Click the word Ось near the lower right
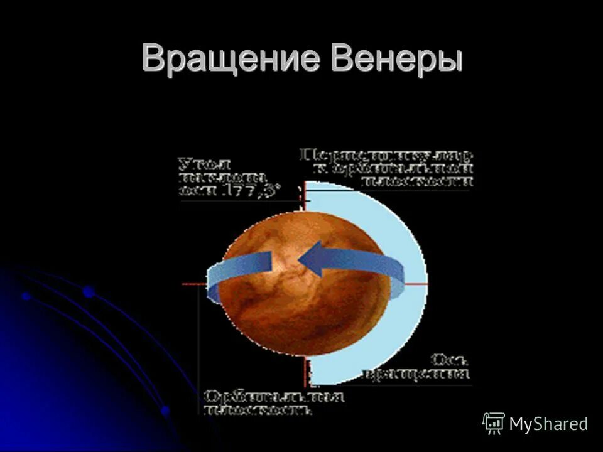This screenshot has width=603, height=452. [449, 360]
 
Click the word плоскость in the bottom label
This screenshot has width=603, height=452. [258, 411]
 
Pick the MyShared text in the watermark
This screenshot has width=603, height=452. [548, 424]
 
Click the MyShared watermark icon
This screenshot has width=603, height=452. [494, 424]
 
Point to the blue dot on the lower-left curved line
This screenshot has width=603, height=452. [89, 291]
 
